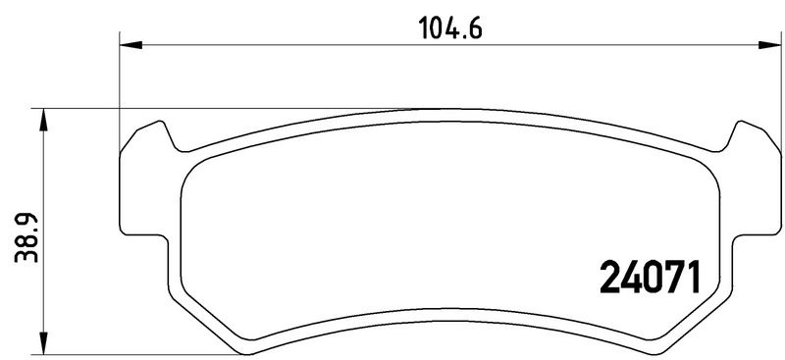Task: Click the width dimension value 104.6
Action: coord(450,28)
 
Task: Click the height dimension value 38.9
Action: coord(26,237)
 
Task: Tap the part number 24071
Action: coord(650,277)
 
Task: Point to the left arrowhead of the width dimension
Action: coord(131,45)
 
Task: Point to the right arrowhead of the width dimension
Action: coord(769,45)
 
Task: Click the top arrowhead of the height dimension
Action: coord(43,120)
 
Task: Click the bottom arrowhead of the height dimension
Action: coord(43,343)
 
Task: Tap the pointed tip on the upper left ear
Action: coord(160,122)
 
